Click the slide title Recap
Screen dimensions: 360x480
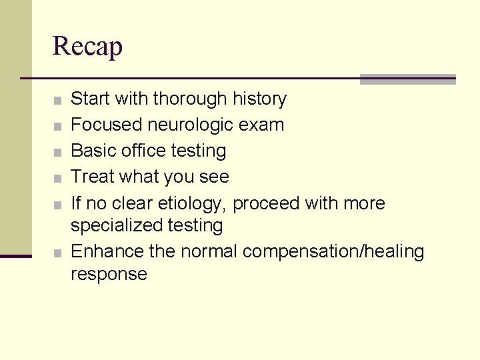[87, 47]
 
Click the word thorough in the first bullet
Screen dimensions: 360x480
[190, 99]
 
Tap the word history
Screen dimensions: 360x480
[259, 99]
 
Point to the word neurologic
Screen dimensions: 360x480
[190, 125]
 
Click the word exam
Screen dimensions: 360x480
[264, 125]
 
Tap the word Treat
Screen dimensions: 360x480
[93, 177]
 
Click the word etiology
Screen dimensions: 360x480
[194, 203]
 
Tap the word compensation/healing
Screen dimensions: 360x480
[333, 252]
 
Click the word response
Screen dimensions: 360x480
[109, 274]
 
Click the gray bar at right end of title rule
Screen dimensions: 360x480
[407, 79]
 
